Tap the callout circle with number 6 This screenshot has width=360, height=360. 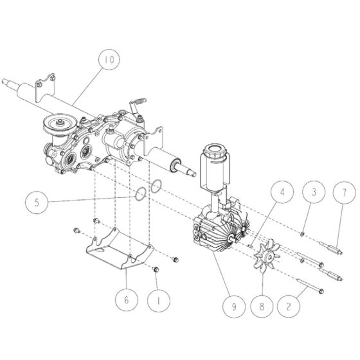pyautogui.click(x=126, y=298)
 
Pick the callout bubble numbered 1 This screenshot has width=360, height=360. pyautogui.click(x=156, y=298)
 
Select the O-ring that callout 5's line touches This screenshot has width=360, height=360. pyautogui.click(x=137, y=193)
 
